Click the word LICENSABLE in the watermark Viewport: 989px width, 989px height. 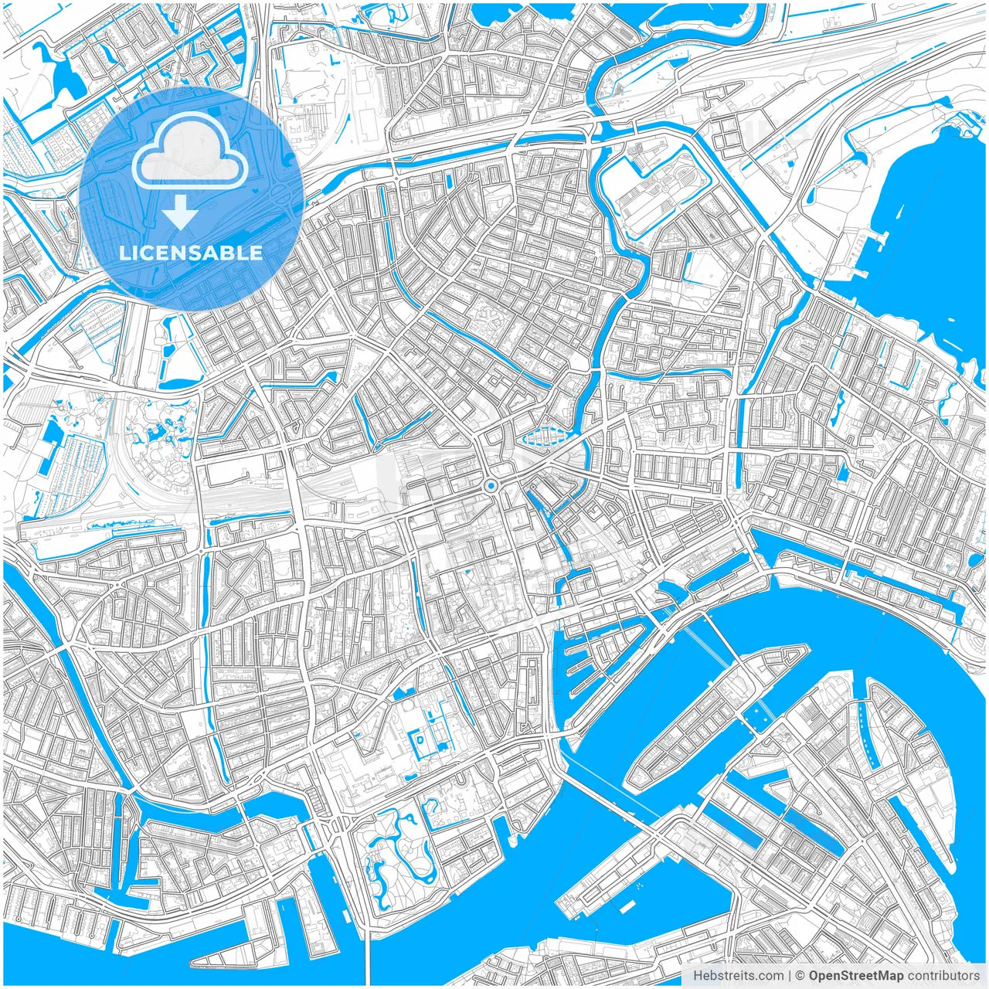(191, 253)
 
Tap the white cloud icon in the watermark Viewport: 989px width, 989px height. (190, 150)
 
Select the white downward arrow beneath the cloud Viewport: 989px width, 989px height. (181, 211)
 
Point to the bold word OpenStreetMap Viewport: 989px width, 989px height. (855, 976)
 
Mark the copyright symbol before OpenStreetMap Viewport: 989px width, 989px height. (800, 976)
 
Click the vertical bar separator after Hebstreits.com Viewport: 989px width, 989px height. (790, 976)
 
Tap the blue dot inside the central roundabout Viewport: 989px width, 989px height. (490, 486)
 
